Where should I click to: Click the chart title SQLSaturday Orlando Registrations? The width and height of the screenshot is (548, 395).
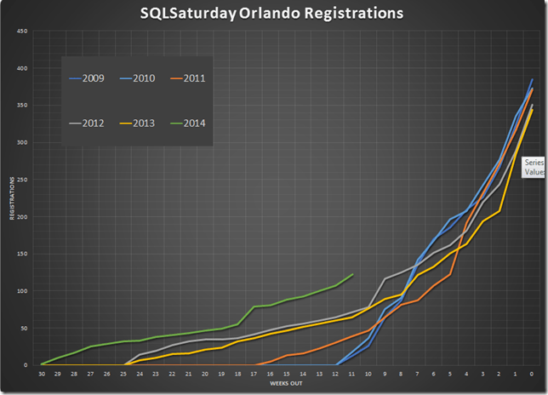pos(271,14)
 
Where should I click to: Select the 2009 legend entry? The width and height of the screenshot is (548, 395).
pos(88,78)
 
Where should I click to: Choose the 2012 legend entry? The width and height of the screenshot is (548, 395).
pos(88,123)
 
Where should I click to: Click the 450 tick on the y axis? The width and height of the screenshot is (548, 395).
pos(23,31)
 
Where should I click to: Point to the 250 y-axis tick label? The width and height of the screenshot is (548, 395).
pos(23,180)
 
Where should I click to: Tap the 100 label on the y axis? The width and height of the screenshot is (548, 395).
pos(23,291)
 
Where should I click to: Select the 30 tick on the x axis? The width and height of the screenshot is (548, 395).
pos(42,374)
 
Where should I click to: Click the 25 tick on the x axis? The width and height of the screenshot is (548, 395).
pos(123,374)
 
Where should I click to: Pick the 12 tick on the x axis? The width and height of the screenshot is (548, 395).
pos(336,374)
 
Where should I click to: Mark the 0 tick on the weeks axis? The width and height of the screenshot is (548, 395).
pos(532,374)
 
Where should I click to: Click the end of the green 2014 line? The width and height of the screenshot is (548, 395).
pos(353,274)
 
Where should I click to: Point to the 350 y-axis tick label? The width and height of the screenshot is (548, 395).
pos(23,106)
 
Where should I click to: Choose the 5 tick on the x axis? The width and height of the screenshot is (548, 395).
pos(450,374)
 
